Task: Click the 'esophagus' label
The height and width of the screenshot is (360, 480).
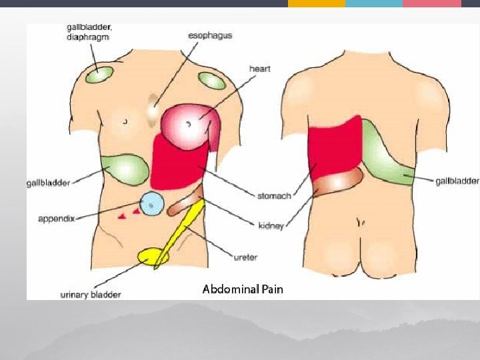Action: (211, 35)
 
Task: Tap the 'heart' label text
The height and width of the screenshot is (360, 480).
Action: (259, 69)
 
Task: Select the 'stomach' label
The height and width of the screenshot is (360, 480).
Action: (274, 196)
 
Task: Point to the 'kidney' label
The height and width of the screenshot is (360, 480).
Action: (271, 226)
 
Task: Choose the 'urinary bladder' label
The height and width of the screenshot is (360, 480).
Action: (91, 294)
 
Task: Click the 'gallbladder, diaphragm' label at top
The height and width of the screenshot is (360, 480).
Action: (89, 32)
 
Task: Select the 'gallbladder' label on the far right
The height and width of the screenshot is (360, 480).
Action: (457, 181)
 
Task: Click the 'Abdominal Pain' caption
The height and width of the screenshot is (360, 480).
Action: (243, 289)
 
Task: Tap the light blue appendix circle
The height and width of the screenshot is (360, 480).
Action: (153, 205)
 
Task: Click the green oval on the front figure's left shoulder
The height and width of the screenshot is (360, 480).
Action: (212, 81)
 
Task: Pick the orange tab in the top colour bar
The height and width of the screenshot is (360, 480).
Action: (317, 3)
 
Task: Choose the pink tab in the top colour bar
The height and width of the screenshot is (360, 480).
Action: (431, 3)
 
